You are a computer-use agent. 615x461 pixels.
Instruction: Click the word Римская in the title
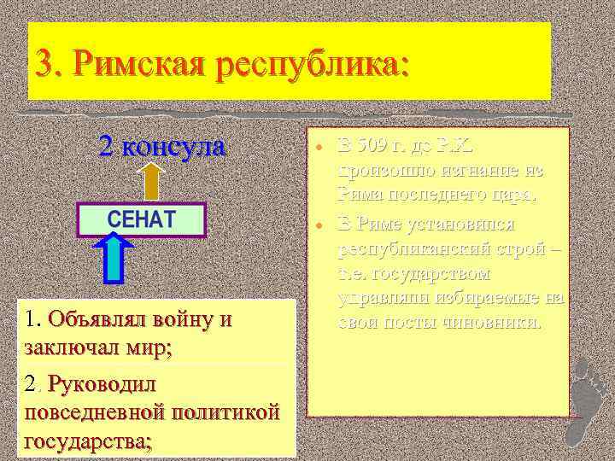click(x=138, y=63)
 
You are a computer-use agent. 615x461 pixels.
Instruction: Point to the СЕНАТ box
click(x=142, y=218)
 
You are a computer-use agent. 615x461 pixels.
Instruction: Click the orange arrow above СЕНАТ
click(x=152, y=180)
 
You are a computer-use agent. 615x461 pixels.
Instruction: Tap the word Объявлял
click(x=102, y=320)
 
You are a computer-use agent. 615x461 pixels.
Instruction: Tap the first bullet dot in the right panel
click(x=317, y=145)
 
